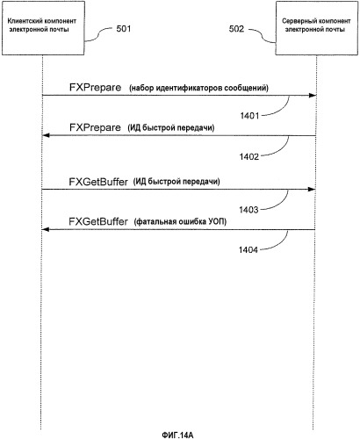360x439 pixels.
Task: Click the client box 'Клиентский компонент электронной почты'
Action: coord(43,28)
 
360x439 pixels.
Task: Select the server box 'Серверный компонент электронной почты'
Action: coord(317,28)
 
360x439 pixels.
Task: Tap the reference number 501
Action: coord(124,29)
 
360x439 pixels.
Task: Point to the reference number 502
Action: coord(236,29)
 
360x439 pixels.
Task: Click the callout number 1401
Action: coord(249,116)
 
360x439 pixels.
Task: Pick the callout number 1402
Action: coord(249,157)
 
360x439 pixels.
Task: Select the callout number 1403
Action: coord(248,210)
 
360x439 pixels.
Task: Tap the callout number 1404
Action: coord(248,250)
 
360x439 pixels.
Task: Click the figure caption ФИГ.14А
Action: coord(177,435)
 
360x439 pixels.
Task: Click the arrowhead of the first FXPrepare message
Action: coord(313,96)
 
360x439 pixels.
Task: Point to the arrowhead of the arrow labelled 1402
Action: coord(46,135)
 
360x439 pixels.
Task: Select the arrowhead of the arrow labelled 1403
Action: coord(312,190)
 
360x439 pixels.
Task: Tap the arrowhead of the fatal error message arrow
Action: coord(46,229)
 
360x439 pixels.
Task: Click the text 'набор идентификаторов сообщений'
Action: coord(199,88)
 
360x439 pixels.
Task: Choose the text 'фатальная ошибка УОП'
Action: coord(180,222)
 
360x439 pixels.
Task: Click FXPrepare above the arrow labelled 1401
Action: coord(95,88)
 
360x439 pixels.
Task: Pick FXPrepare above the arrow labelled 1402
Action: coord(95,127)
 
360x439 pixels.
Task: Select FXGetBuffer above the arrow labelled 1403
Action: coord(98,182)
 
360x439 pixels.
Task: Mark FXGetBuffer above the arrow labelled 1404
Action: coord(98,221)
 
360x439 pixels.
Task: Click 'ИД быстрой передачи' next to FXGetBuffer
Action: coord(176,182)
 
